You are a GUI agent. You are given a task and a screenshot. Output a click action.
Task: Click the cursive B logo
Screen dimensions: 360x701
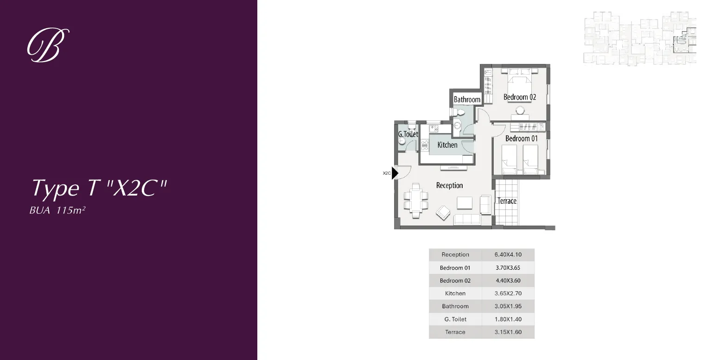(x=48, y=45)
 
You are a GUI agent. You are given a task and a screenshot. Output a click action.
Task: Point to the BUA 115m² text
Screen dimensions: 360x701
(x=58, y=210)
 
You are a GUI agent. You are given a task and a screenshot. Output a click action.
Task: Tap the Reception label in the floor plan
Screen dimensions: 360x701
(x=449, y=185)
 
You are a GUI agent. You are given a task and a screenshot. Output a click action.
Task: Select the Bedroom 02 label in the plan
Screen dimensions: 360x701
(x=520, y=97)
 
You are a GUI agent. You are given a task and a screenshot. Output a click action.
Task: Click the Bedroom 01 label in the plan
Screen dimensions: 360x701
(x=521, y=138)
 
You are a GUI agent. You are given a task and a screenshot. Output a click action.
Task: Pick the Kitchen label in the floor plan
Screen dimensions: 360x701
(x=447, y=145)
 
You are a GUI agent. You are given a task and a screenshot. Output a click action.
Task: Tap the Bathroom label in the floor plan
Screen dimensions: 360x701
(x=467, y=99)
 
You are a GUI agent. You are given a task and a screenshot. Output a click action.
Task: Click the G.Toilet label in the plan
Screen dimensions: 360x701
(x=408, y=134)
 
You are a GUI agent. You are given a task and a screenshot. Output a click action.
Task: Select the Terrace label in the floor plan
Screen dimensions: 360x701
(x=507, y=201)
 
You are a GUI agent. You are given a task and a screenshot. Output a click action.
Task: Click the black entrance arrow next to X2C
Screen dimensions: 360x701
(x=395, y=173)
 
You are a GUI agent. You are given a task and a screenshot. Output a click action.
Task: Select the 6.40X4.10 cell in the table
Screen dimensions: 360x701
(x=508, y=255)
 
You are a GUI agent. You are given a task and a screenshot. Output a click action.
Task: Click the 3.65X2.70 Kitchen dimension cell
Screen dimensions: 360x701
(x=508, y=293)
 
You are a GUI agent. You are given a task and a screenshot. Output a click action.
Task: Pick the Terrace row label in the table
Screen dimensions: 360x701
(x=455, y=332)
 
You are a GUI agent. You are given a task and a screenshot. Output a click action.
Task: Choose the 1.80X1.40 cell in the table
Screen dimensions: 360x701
(x=508, y=319)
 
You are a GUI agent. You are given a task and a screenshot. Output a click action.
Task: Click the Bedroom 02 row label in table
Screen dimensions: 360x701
(x=455, y=281)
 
